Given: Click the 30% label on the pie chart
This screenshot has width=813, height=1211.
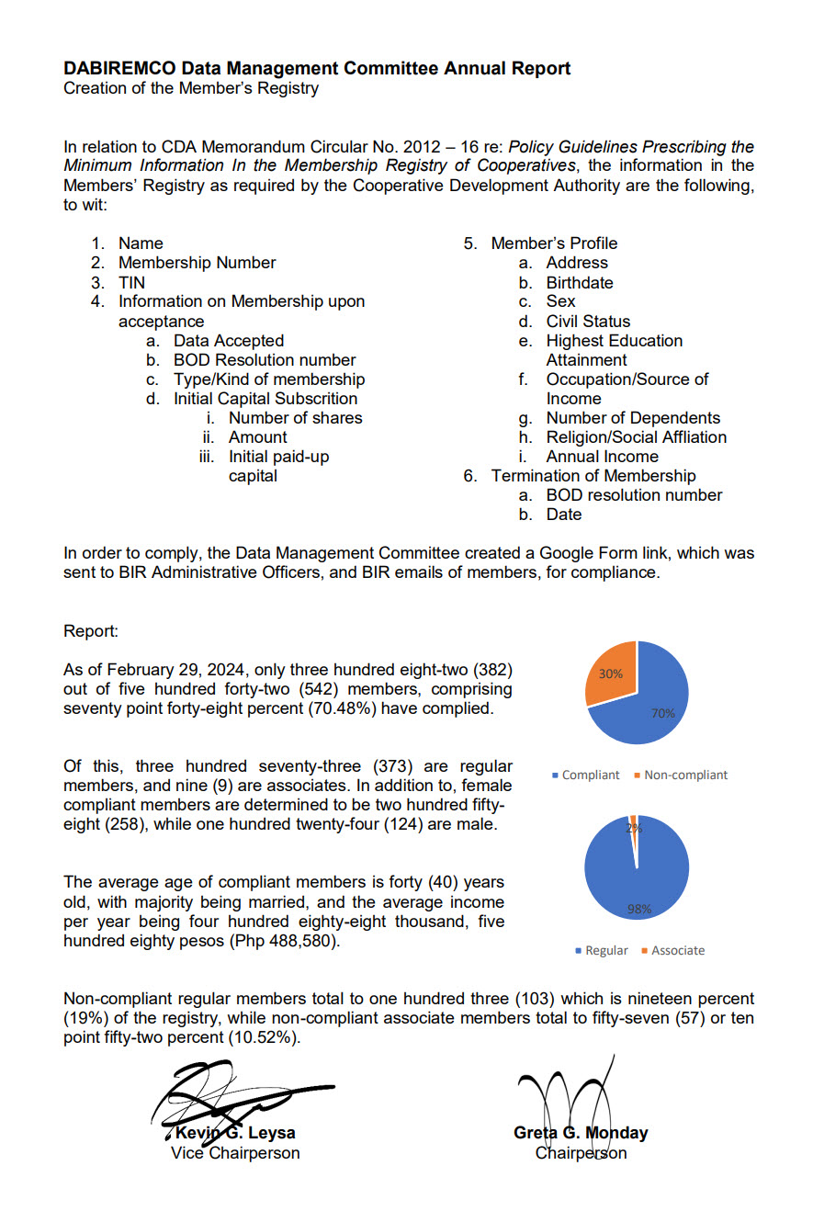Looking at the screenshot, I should pos(610,673).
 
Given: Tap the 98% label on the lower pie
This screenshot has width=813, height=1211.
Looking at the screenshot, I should pos(639,910).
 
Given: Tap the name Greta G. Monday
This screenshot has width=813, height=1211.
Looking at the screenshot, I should pos(581,1132).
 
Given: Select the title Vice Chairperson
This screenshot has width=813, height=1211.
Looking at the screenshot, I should pos(235,1152).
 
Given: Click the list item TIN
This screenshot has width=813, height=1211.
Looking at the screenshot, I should pos(131,282).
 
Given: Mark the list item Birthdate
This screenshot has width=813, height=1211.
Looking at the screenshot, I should pos(580,282).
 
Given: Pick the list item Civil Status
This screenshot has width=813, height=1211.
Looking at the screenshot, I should pos(588,322).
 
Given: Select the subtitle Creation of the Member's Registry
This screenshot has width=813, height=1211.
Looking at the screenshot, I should pos(191,89).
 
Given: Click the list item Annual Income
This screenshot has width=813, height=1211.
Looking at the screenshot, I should pos(602,457).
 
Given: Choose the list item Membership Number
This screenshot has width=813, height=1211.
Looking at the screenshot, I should pos(197,263).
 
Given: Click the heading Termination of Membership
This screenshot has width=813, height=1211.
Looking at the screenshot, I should pos(593,476).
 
